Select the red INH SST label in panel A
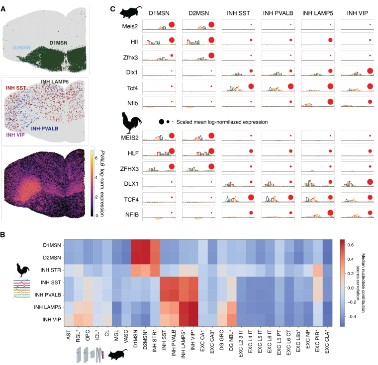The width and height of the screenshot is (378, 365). click(17, 88)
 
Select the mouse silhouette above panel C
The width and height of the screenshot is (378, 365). click(128, 10)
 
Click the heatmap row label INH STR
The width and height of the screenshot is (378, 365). click(47, 269)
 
